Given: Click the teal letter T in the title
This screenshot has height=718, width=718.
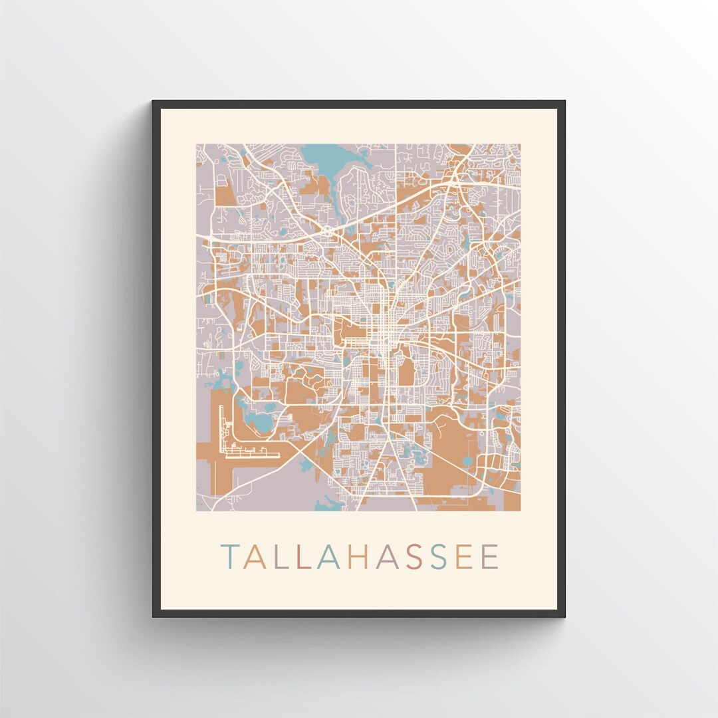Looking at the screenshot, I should (x=231, y=557).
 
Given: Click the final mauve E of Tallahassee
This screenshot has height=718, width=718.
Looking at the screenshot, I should (x=489, y=557).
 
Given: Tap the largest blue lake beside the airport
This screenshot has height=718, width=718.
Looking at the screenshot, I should (x=261, y=423).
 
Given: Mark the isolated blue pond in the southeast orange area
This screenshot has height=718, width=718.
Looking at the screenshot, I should (x=467, y=461).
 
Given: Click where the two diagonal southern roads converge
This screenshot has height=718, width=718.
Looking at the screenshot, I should (x=386, y=433).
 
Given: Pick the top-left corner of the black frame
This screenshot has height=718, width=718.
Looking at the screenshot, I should (x=154, y=102).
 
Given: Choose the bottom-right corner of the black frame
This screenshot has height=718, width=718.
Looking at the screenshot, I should (x=564, y=616).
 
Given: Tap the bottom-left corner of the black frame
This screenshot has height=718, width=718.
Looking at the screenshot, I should (x=154, y=616).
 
